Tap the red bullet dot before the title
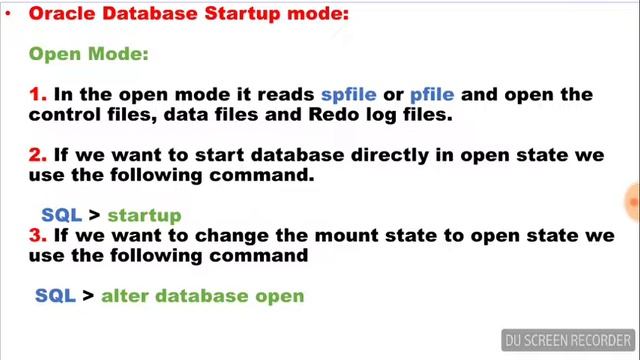point(8,14)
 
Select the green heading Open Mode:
point(88,54)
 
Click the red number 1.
point(38,94)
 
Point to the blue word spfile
point(348,94)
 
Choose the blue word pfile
point(431,94)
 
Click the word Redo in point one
point(329,114)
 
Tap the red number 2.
point(38,155)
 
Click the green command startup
point(144,215)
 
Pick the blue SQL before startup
point(60,215)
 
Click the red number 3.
point(38,235)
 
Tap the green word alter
point(125,296)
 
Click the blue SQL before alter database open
point(55,296)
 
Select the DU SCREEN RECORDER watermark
point(568,340)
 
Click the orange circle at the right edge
point(633,202)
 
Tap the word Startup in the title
point(245,14)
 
